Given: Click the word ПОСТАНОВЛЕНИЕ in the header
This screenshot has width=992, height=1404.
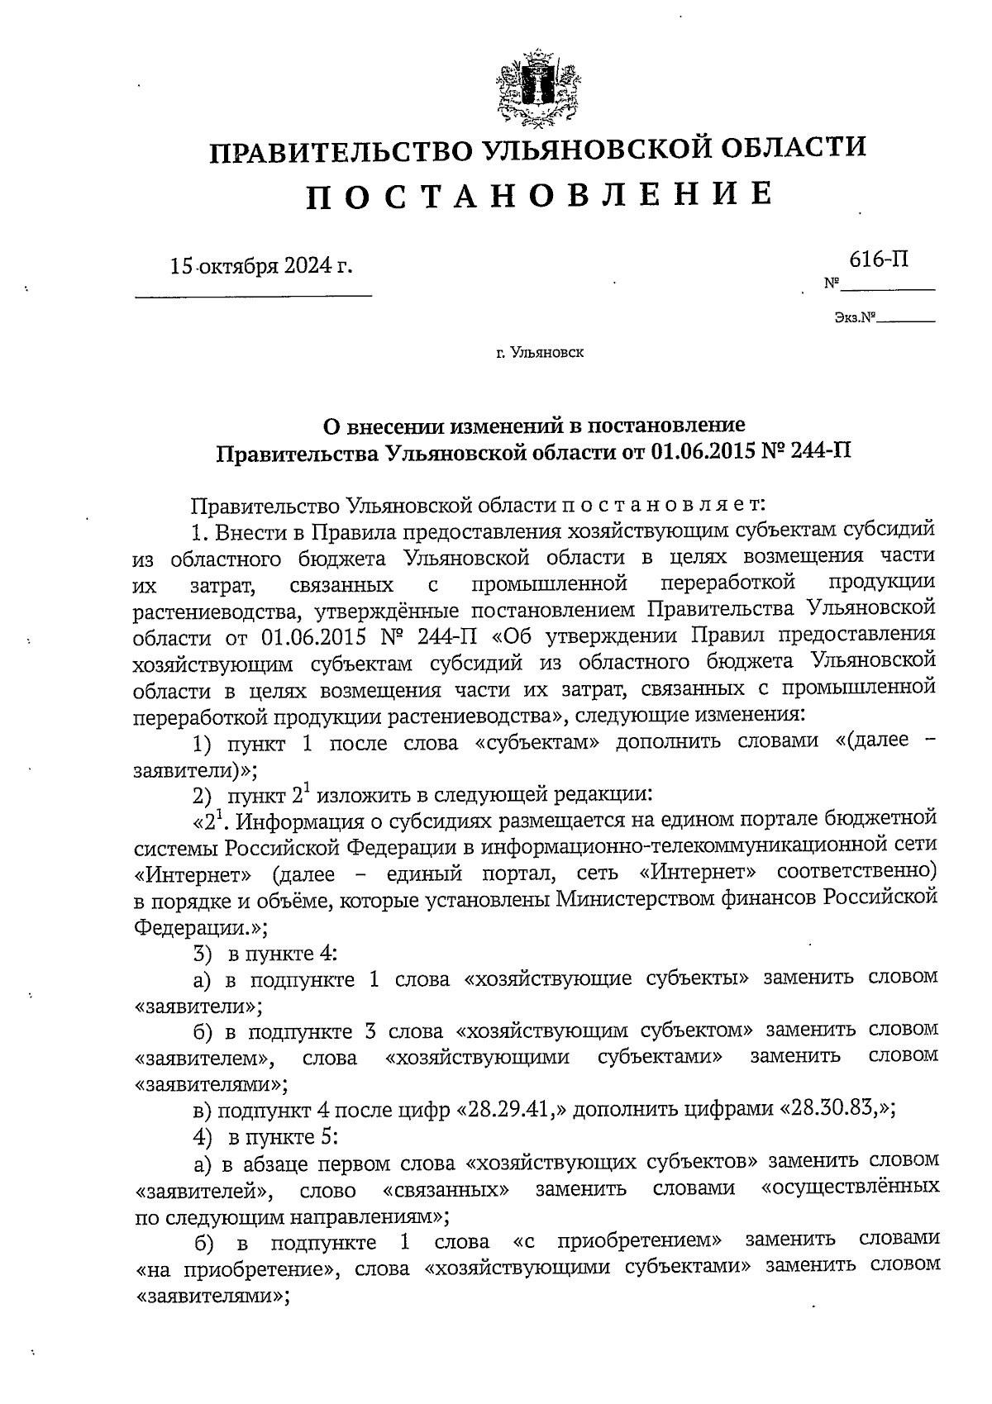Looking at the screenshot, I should click(x=541, y=194).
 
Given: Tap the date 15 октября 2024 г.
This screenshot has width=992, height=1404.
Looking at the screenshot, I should click(x=260, y=266).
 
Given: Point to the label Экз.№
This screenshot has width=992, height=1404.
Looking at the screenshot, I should click(x=855, y=316).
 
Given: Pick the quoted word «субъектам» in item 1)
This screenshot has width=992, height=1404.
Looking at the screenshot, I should click(x=537, y=743).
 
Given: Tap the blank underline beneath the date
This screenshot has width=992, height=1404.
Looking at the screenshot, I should click(x=253, y=295).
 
